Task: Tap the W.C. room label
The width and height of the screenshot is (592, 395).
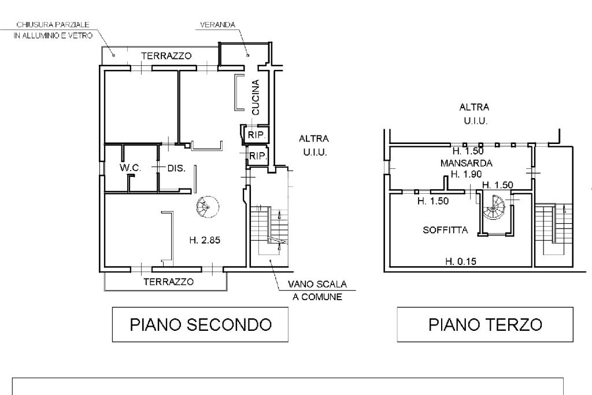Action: click(130, 168)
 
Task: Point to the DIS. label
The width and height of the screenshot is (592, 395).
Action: click(176, 168)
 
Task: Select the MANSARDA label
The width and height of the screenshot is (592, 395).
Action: click(466, 163)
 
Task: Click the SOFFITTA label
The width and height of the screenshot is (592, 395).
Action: click(445, 230)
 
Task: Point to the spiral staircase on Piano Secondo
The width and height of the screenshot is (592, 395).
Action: click(206, 206)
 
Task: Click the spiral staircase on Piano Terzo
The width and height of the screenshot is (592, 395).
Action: click(495, 209)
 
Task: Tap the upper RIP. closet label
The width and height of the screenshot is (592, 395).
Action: click(256, 135)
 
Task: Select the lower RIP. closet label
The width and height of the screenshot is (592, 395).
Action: click(257, 156)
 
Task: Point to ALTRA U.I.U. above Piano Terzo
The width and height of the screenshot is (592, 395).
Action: click(474, 114)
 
